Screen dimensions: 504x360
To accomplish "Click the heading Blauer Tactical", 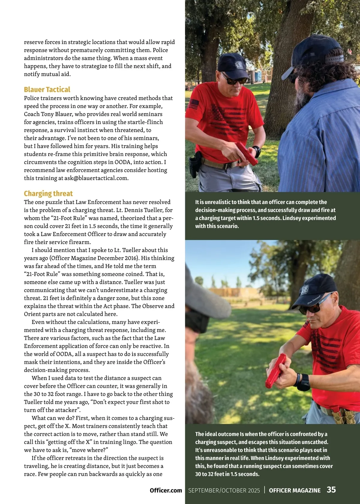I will pyautogui.click(x=47, y=89).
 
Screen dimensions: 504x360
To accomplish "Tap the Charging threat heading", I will pyautogui.click(x=48, y=193).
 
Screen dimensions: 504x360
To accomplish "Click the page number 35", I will pyautogui.click(x=331, y=490).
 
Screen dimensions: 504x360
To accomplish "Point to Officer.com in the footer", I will pyautogui.click(x=166, y=490).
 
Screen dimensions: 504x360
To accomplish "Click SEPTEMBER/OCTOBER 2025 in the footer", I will pyautogui.click(x=224, y=490).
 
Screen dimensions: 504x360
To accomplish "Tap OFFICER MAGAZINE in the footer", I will pyautogui.click(x=295, y=490).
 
